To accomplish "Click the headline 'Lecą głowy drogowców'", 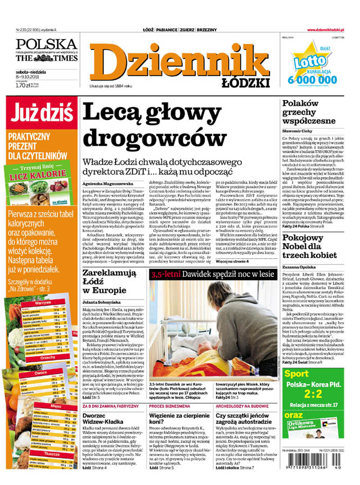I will [154, 125].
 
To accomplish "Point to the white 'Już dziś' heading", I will [40, 111].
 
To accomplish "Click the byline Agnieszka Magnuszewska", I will [107, 183].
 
